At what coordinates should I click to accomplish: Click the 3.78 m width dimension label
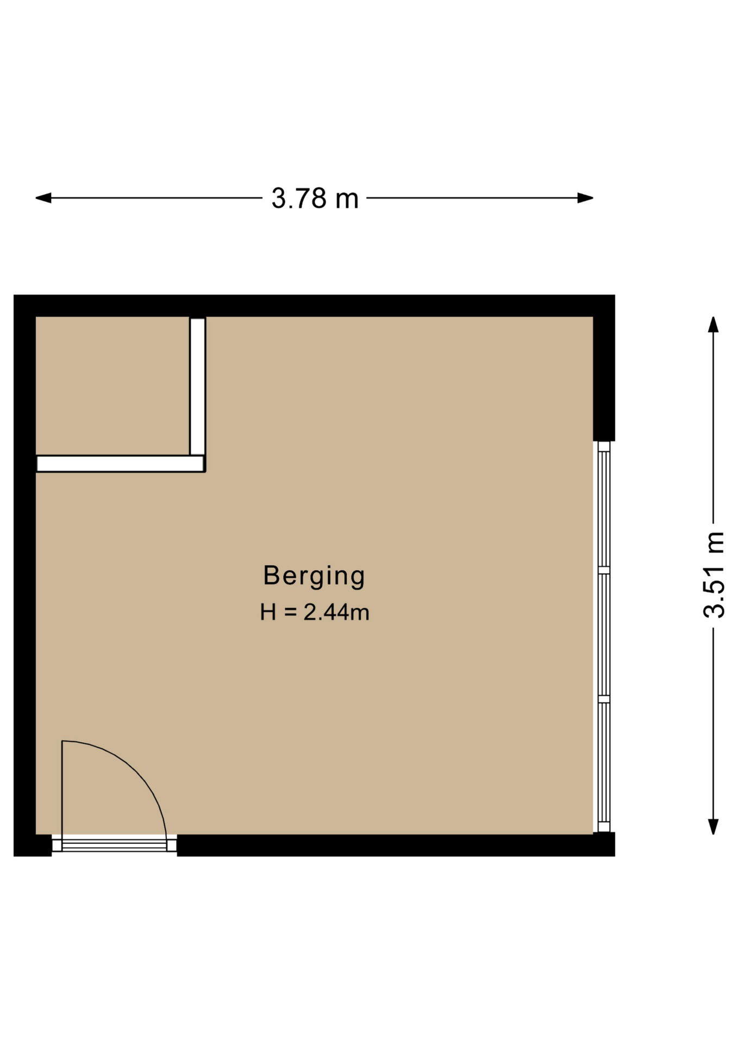(x=315, y=198)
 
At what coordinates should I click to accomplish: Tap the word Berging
(x=314, y=576)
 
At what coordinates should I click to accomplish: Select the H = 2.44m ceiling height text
(x=315, y=612)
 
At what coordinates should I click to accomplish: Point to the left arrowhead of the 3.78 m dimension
(x=43, y=198)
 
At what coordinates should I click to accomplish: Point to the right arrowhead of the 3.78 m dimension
(x=585, y=198)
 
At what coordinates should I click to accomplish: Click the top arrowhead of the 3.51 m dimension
(x=714, y=325)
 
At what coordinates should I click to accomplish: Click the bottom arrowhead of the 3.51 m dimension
(x=714, y=826)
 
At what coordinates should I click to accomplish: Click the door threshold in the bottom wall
(x=114, y=845)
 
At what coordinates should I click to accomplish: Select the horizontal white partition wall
(x=120, y=464)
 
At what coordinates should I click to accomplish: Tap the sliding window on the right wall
(x=604, y=637)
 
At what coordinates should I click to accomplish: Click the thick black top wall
(x=314, y=306)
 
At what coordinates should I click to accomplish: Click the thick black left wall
(x=24, y=575)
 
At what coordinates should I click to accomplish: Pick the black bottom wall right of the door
(x=396, y=846)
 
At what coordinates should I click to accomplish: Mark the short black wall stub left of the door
(x=33, y=846)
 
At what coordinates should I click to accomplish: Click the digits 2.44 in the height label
(x=326, y=612)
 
